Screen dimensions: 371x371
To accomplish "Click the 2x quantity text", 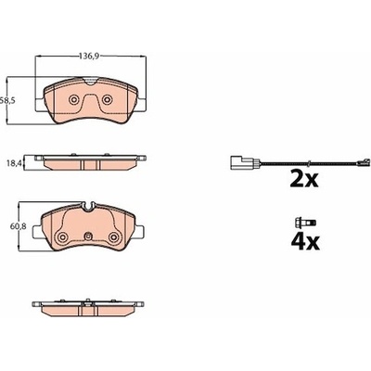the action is (304, 179).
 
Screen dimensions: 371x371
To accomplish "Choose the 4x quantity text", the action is (305, 241).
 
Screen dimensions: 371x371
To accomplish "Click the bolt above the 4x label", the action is (305, 222).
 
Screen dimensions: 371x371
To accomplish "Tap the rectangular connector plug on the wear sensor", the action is (237, 163).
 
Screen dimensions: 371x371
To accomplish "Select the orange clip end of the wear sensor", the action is (363, 162).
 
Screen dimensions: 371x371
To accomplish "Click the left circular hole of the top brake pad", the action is (73, 99).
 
